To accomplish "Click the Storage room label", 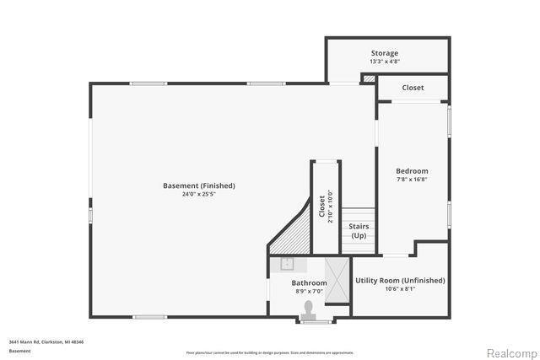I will point(384,53).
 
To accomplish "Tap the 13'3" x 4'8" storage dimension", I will point(384,62).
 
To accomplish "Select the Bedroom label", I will point(412,171).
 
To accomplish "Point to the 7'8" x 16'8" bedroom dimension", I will point(412,179).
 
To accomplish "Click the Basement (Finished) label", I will point(199,185).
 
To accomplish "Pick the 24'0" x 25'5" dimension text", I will point(199,194).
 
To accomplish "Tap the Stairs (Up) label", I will point(359,230).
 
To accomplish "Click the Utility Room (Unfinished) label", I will point(399,280).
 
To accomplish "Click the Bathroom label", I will point(309,283).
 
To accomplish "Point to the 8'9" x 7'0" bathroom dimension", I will point(309,292).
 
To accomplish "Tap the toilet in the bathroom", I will point(309,308).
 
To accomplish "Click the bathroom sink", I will point(287,263).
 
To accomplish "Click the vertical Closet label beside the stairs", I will point(321,207).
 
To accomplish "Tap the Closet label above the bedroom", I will point(413,88).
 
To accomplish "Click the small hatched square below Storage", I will point(369,78).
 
